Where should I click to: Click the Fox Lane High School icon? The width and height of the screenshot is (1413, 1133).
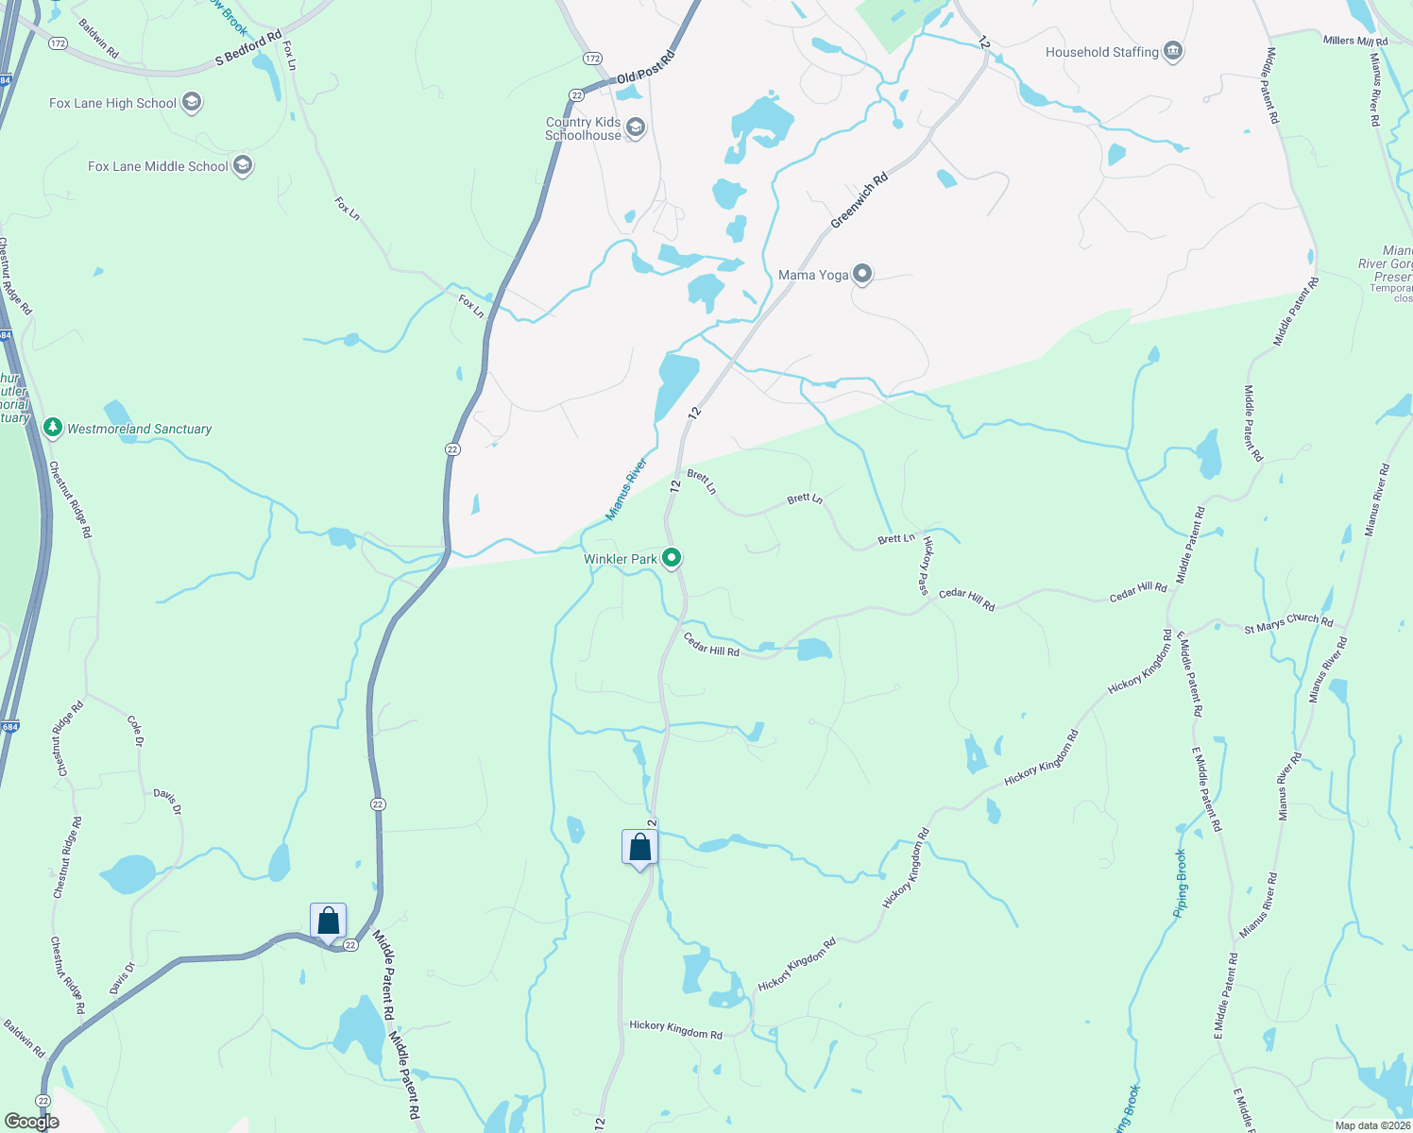pos(192,103)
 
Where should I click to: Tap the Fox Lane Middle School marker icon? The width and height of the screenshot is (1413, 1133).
pos(243,166)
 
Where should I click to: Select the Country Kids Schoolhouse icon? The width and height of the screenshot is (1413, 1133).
pos(636,128)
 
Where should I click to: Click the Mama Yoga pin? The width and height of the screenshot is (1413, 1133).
pos(861,275)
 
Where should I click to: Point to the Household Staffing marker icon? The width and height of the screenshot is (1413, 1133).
pos(1173,51)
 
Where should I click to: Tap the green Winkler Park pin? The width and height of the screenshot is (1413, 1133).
pos(672,559)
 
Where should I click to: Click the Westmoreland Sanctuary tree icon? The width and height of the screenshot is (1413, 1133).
pos(53,428)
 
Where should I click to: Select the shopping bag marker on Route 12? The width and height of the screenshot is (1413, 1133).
pos(640,847)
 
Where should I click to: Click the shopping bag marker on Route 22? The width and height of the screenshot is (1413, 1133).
pos(328,921)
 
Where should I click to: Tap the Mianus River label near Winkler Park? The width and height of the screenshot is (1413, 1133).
pos(626,489)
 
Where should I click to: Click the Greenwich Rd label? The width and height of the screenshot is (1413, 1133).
pos(860,200)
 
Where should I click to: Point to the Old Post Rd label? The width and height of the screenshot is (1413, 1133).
pos(646,69)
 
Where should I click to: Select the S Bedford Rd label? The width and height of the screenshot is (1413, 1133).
pos(248,48)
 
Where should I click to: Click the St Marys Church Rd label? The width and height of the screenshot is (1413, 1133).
pos(1288,623)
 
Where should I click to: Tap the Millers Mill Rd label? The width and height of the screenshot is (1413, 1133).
pos(1355,41)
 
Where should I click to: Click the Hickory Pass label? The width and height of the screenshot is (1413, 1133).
pos(927,566)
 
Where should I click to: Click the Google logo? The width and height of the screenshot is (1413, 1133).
pos(31,1122)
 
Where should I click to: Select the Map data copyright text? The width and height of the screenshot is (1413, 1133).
pos(1372,1125)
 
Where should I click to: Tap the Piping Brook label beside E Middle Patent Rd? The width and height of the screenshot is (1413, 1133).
pos(1181,884)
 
